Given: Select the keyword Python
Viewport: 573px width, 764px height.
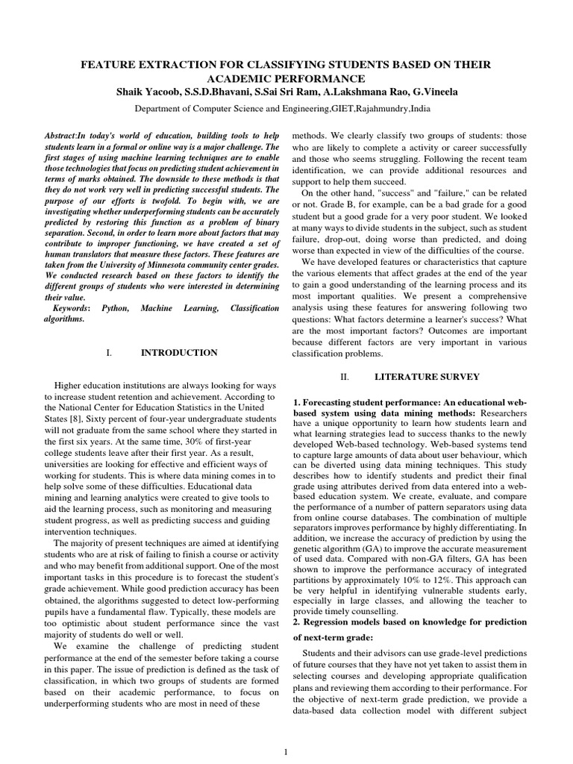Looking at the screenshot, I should point(115,307).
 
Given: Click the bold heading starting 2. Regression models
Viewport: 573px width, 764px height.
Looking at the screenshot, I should point(410,621).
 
